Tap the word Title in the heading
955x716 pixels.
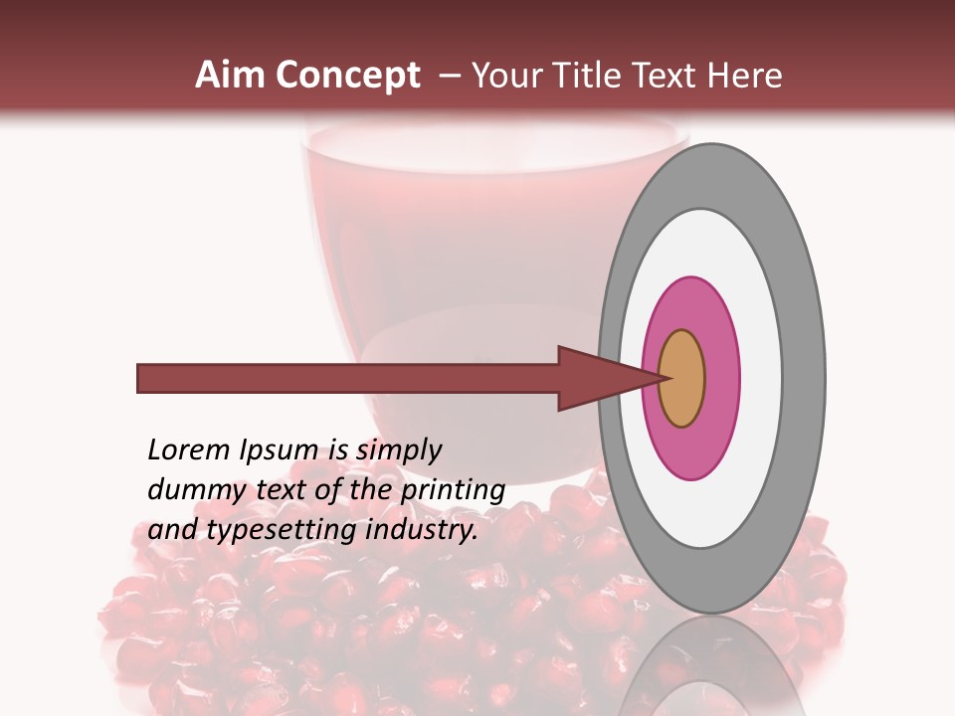click(593, 76)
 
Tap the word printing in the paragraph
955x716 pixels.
click(453, 491)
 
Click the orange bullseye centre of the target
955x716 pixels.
click(681, 378)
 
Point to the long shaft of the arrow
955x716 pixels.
click(348, 378)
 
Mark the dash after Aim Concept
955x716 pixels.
click(450, 76)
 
